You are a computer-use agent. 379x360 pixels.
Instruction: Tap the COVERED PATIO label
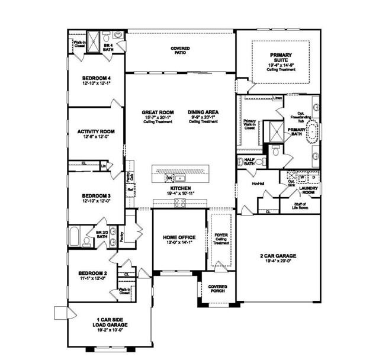(181, 50)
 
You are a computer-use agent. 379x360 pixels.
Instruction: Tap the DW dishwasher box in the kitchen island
(169, 178)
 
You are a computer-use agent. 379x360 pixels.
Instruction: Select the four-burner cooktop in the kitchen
(179, 205)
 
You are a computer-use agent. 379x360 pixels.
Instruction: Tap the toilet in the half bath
(242, 161)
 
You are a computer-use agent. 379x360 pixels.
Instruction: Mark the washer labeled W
(302, 177)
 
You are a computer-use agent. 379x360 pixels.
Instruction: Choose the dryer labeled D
(313, 177)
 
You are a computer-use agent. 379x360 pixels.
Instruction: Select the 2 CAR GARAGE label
(277, 258)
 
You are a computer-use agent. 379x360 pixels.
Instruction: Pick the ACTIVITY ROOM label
(96, 134)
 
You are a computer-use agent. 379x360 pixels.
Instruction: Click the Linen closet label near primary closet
(277, 98)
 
